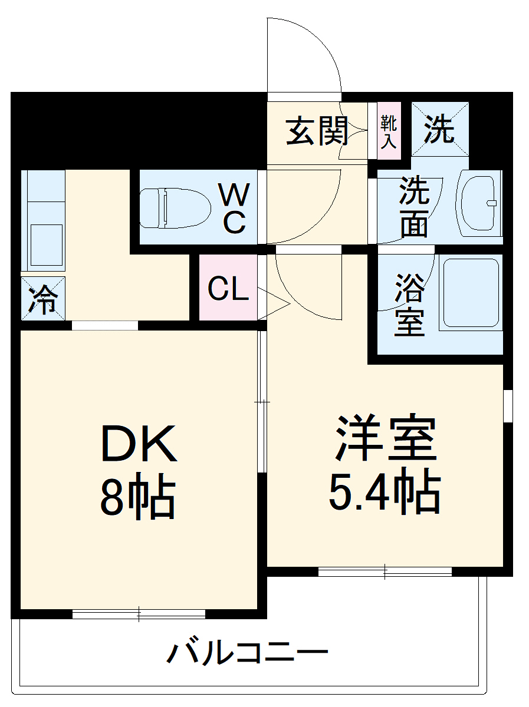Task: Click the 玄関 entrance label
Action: click(x=317, y=131)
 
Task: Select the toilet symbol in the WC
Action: click(x=176, y=208)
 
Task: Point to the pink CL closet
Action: click(x=228, y=289)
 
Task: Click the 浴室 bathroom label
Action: click(x=409, y=305)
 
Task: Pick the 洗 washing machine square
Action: click(x=440, y=129)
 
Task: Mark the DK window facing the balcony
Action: click(x=139, y=614)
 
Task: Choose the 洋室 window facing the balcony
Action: click(x=385, y=570)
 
